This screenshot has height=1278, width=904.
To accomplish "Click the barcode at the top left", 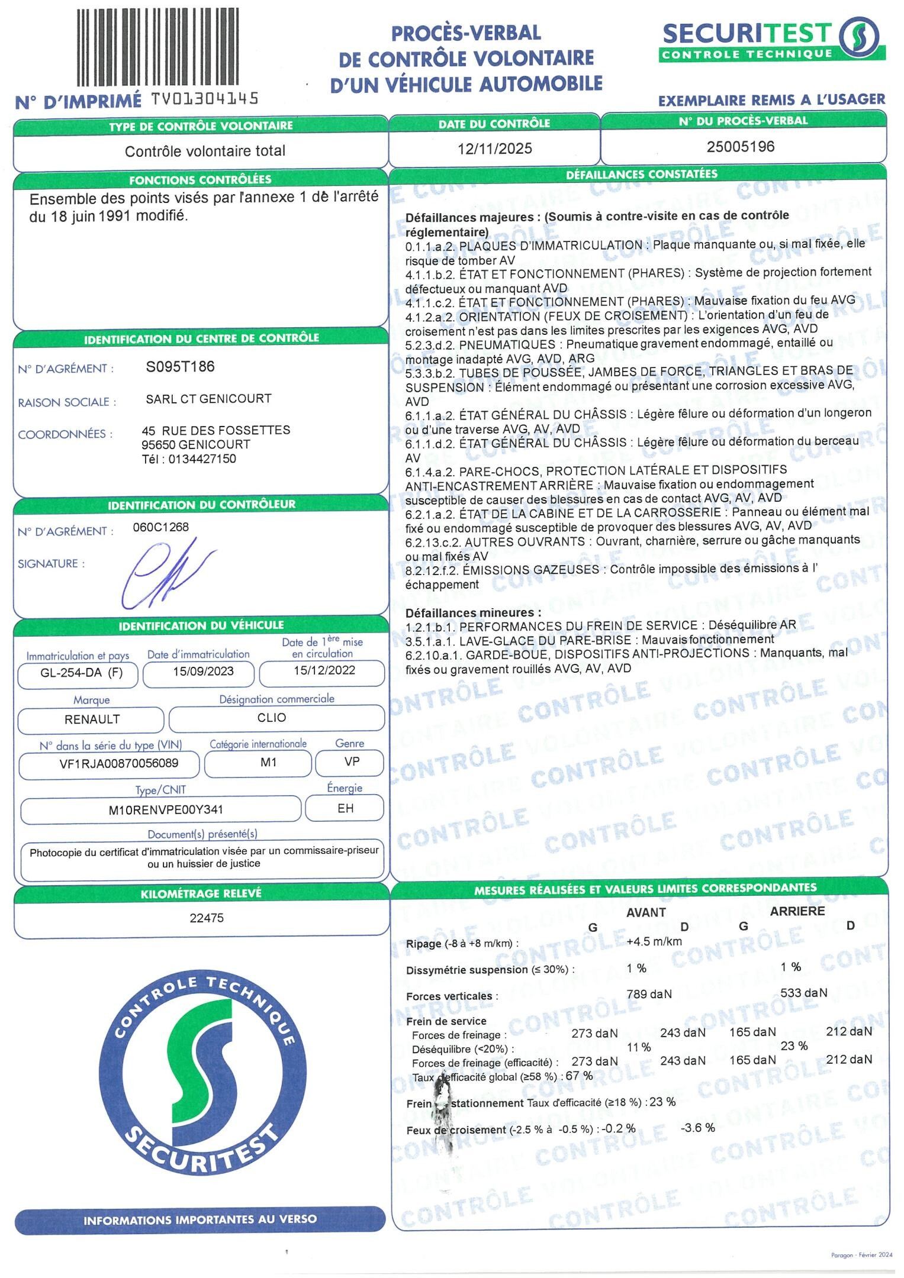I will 158,47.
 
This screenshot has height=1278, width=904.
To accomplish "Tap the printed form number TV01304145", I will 205,99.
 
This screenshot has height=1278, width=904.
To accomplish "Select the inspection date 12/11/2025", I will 494,148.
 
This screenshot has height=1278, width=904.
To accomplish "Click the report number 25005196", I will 740,147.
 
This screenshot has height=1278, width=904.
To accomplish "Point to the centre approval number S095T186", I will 180,367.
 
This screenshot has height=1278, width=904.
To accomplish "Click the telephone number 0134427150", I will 202,459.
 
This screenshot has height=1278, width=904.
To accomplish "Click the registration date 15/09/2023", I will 203,672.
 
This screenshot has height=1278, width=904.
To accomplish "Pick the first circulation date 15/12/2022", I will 324,670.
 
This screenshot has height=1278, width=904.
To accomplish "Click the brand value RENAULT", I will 92,719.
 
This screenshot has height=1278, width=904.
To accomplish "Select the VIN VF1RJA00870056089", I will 118,763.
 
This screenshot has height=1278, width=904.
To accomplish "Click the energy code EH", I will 345,808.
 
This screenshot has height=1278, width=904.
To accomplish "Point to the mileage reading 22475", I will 207,918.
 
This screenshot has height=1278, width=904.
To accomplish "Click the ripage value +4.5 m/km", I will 654,941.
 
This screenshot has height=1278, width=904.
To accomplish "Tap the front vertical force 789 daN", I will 649,994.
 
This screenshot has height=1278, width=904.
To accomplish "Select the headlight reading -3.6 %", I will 697,1128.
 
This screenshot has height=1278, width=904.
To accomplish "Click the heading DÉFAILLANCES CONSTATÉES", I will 641,175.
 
